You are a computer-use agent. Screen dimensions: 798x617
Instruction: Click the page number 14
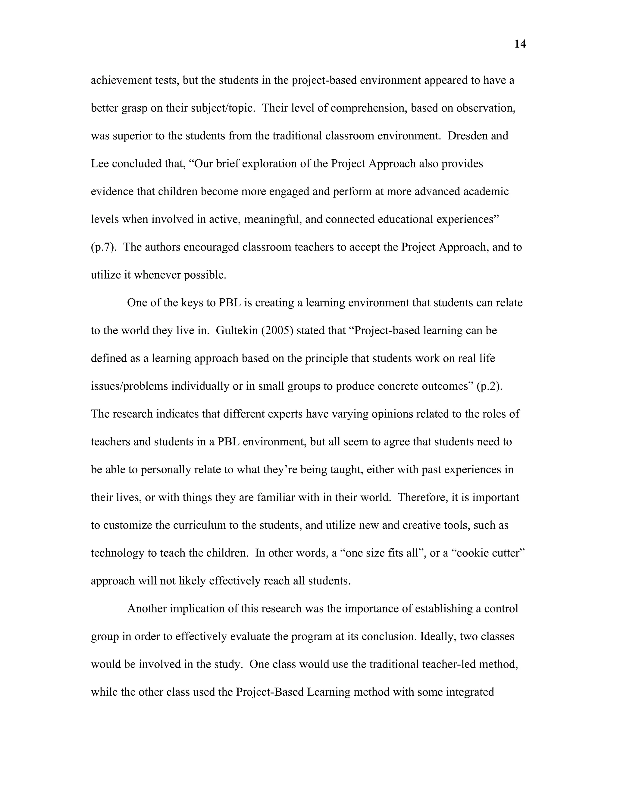coord(520,44)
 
